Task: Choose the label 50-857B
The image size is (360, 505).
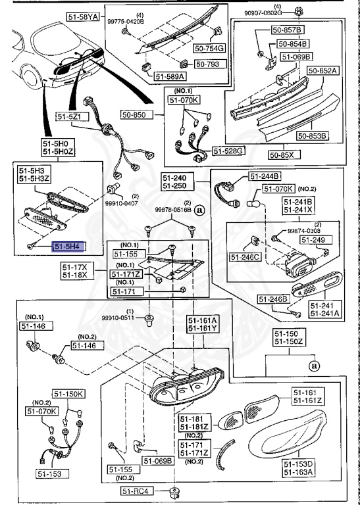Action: (289, 30)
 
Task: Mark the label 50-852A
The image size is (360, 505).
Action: (323, 70)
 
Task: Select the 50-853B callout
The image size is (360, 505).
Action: (312, 136)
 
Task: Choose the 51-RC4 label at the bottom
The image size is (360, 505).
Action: (138, 491)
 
